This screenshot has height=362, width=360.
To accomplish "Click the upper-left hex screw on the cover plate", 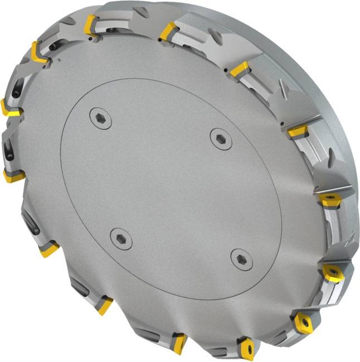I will click(x=100, y=118).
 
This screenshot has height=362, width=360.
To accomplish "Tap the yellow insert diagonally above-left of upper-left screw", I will click(x=40, y=52).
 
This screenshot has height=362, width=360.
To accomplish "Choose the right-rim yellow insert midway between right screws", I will click(x=329, y=200).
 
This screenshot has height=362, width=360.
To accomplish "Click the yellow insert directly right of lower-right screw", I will click(x=333, y=273).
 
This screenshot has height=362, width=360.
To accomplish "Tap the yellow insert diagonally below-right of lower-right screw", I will click(x=304, y=323).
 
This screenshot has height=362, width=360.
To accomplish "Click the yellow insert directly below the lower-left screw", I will click(x=104, y=305).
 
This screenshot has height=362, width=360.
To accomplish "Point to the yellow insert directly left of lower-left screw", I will click(x=49, y=249).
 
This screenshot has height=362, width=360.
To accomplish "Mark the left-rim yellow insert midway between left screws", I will click(x=14, y=176).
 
